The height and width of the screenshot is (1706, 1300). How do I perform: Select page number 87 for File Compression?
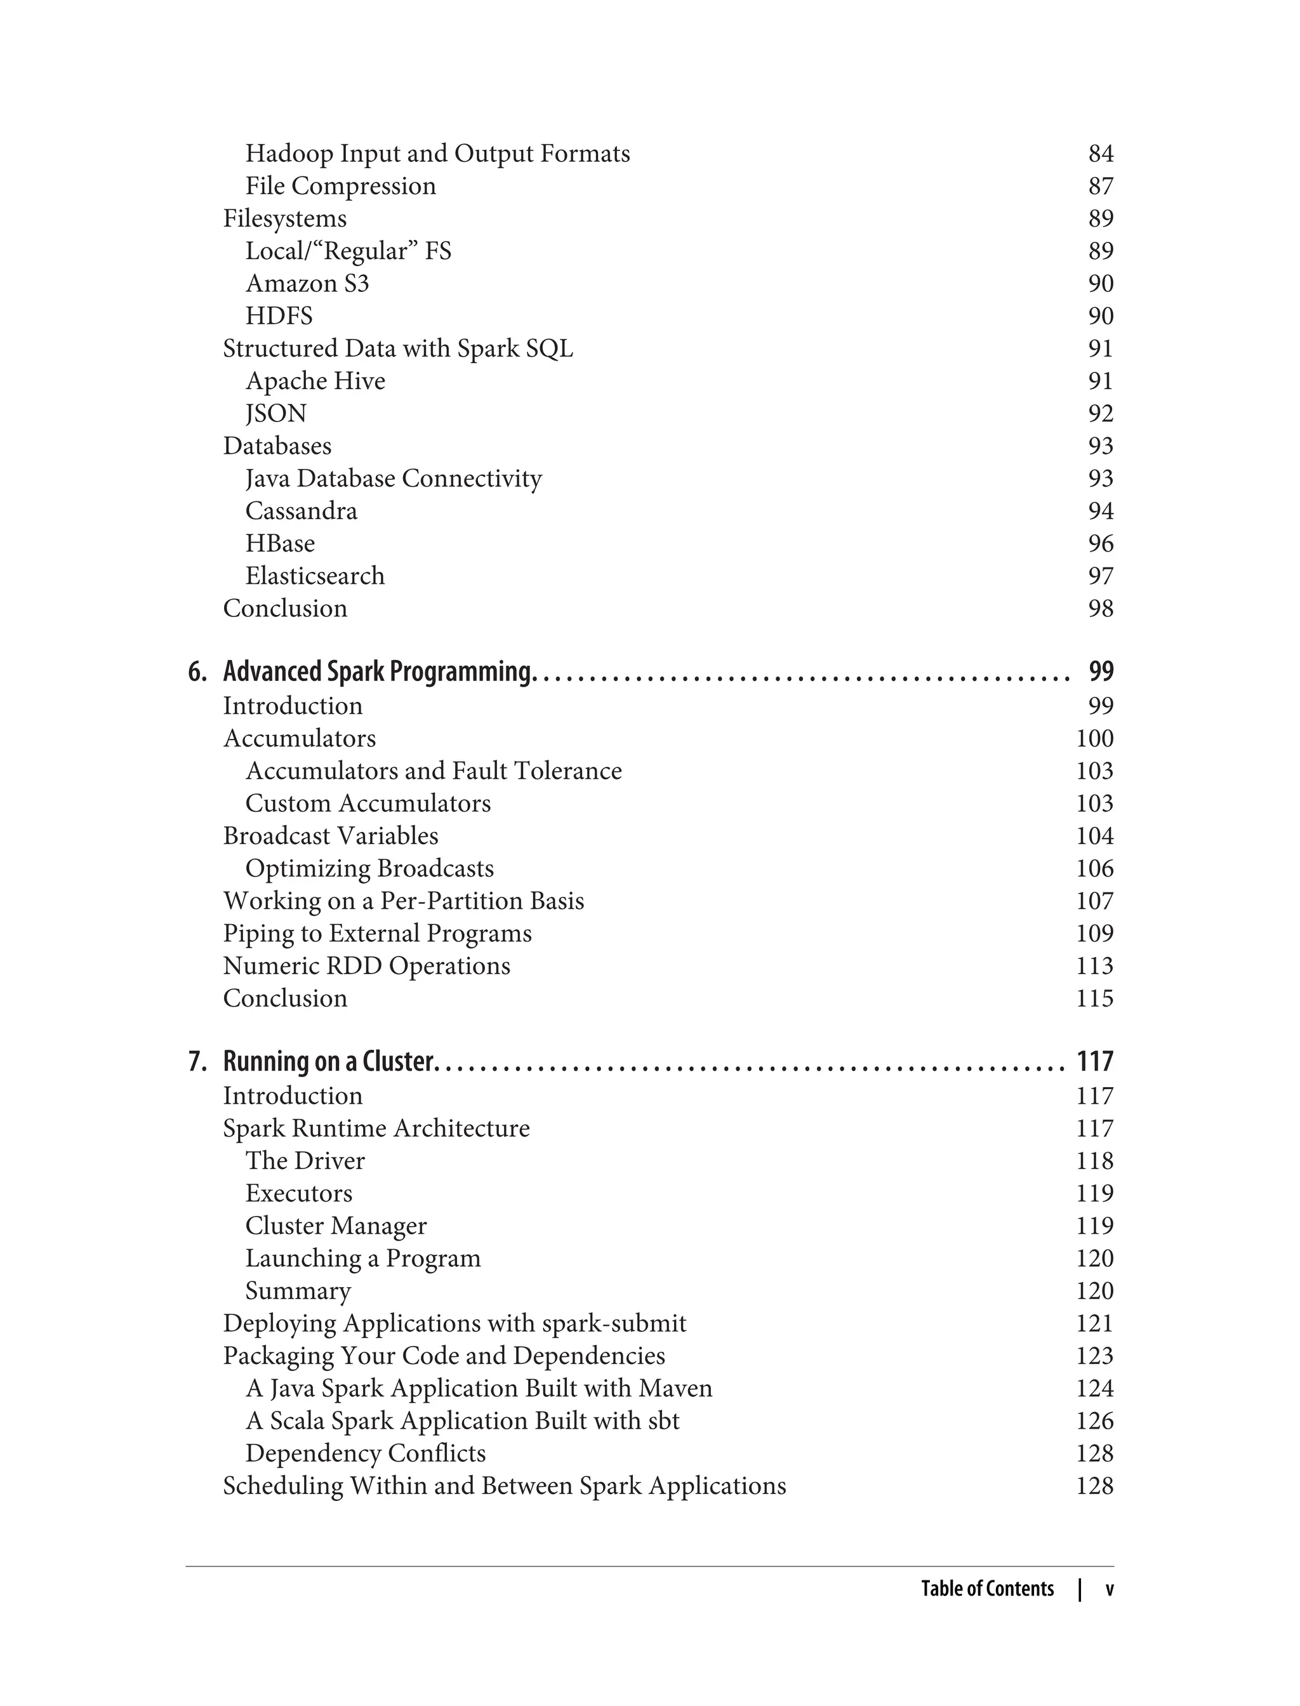[1100, 186]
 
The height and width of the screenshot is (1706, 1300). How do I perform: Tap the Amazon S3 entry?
[307, 283]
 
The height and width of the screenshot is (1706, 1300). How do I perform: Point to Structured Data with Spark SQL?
[398, 348]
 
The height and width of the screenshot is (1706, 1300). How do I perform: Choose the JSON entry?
[275, 413]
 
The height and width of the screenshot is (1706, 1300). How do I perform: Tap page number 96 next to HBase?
[1100, 543]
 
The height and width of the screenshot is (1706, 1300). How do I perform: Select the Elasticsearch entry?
[314, 576]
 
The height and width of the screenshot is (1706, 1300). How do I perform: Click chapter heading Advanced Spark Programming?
[378, 671]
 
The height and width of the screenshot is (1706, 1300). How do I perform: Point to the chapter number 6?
[197, 671]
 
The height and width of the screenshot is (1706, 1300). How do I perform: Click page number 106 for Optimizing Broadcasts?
[1094, 868]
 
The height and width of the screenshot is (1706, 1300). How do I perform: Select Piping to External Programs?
[377, 933]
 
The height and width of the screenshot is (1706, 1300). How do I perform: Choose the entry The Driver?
[305, 1161]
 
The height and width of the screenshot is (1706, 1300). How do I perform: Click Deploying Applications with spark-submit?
[454, 1323]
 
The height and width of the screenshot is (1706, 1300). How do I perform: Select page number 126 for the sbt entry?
[1094, 1420]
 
